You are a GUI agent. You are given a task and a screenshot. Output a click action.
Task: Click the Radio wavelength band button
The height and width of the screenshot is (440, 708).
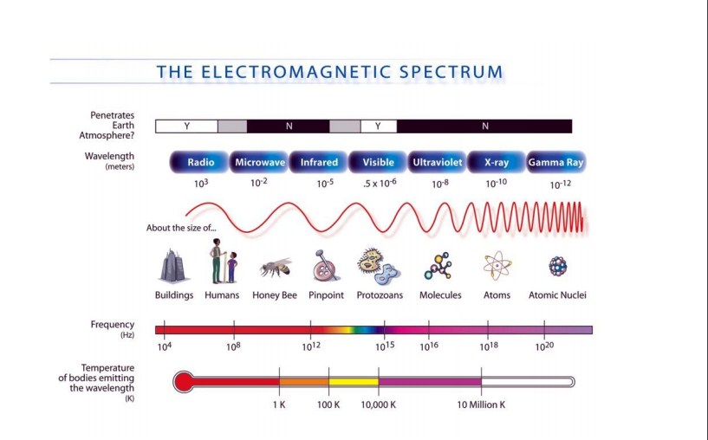199,163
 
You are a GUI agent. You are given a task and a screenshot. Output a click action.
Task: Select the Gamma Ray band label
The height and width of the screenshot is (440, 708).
555,163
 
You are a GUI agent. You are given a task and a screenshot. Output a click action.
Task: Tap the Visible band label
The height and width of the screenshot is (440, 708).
378,163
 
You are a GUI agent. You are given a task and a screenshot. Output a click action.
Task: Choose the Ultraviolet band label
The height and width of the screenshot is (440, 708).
437,163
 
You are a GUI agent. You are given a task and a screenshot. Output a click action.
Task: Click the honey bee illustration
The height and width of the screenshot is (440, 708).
276,268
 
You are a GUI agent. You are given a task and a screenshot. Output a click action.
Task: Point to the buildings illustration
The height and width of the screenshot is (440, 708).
172,266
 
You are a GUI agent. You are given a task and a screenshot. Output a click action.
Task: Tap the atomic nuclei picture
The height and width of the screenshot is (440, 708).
557,266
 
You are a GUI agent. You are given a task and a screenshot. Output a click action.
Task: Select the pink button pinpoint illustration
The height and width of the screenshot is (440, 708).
326,266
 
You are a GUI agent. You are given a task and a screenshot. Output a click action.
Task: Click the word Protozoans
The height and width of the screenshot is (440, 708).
380,295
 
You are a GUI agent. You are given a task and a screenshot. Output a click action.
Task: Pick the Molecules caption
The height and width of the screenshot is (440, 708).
440,295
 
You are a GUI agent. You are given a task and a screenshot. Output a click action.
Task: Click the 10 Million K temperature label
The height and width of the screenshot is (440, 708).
481,404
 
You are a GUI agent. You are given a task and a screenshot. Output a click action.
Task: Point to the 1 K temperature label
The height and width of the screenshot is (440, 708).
279,404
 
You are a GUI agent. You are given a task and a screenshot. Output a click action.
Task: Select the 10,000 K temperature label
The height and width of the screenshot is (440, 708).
379,404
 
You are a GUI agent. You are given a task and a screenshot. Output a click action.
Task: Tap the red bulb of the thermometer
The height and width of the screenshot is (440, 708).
184,382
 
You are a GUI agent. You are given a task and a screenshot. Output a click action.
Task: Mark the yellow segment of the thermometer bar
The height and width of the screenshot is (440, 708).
354,382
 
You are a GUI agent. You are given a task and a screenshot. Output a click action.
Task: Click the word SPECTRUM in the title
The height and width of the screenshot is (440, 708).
451,72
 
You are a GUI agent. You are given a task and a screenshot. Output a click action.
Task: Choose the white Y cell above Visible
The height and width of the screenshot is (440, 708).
379,126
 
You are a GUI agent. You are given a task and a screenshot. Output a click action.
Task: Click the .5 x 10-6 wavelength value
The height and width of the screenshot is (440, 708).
380,184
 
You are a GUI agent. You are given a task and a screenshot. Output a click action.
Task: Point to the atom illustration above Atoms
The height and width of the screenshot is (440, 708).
497,266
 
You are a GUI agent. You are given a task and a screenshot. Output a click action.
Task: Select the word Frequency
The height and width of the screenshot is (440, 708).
113,325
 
